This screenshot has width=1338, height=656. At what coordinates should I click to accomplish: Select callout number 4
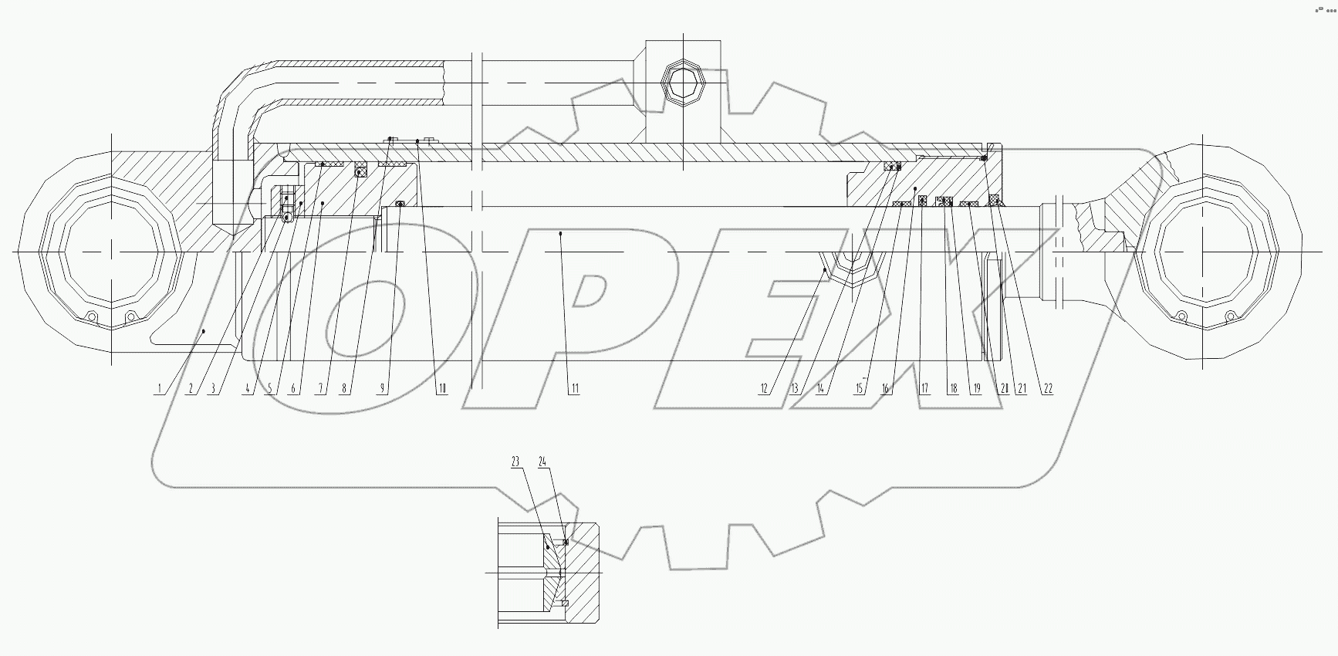[x=247, y=389]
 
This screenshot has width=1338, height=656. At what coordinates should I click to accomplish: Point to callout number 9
[x=381, y=389]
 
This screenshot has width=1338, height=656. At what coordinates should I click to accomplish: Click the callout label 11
[x=574, y=389]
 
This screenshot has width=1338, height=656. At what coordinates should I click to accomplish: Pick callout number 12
[x=764, y=389]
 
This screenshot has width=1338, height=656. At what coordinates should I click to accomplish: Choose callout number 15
[x=860, y=389]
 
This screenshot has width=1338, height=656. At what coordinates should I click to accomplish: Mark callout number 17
[x=924, y=389]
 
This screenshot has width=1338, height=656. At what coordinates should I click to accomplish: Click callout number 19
[x=977, y=389]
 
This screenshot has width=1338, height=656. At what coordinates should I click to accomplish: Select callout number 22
[x=1047, y=389]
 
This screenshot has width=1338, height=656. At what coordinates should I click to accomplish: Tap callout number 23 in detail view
[x=515, y=462]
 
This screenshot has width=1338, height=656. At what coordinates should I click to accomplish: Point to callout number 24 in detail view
[x=543, y=462]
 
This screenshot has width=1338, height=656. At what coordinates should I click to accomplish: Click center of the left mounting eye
[x=113, y=252]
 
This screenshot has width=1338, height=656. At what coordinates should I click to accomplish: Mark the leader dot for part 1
[x=203, y=330]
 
